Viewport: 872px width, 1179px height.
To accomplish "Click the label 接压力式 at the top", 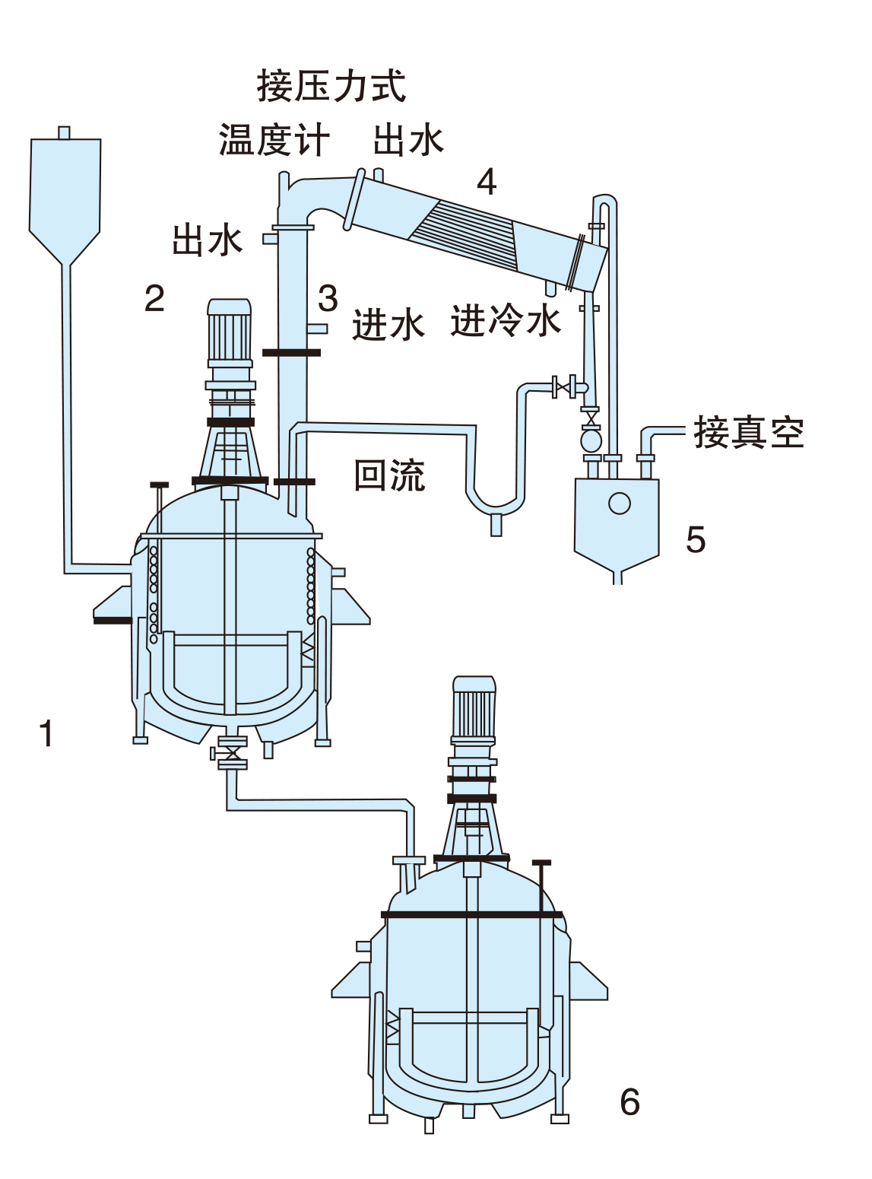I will pos(331,86).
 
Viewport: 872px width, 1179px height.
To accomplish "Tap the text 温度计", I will pos(274,141).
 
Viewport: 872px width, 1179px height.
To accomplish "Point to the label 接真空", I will pos(748,433).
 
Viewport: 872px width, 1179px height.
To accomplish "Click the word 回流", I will pos(389,475).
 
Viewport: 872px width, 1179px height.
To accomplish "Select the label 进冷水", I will pos(506,320).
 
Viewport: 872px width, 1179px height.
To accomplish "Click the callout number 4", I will pos(487,182).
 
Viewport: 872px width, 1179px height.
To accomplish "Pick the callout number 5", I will pos(695,540).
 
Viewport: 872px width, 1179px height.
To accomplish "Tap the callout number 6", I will pos(629,1102).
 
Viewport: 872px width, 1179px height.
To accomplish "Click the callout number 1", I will pos(46,733).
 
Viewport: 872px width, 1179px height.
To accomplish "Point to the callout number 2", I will pos(154,298).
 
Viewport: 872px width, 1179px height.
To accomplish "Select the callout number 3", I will pos(328,298).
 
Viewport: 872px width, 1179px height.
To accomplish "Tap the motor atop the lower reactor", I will pos(474,707).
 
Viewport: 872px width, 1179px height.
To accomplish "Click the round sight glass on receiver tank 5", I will pos(620,503).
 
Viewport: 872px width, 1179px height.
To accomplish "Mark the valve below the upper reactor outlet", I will pos(232,753).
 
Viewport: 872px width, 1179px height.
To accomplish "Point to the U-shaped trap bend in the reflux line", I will pos(496,503).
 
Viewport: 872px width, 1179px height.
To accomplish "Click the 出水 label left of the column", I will pos(208,240).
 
